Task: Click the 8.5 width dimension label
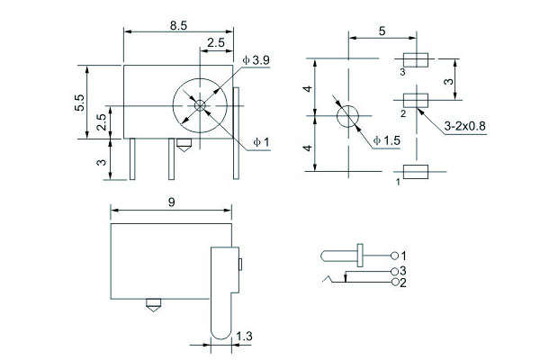coord(177,26)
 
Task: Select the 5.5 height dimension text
coord(79,102)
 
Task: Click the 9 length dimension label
coord(171,203)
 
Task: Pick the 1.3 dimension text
coord(244,337)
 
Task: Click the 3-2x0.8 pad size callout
coord(464,126)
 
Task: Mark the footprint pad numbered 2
coord(415,99)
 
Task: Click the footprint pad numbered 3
coord(415,60)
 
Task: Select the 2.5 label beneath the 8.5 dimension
coord(216,42)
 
